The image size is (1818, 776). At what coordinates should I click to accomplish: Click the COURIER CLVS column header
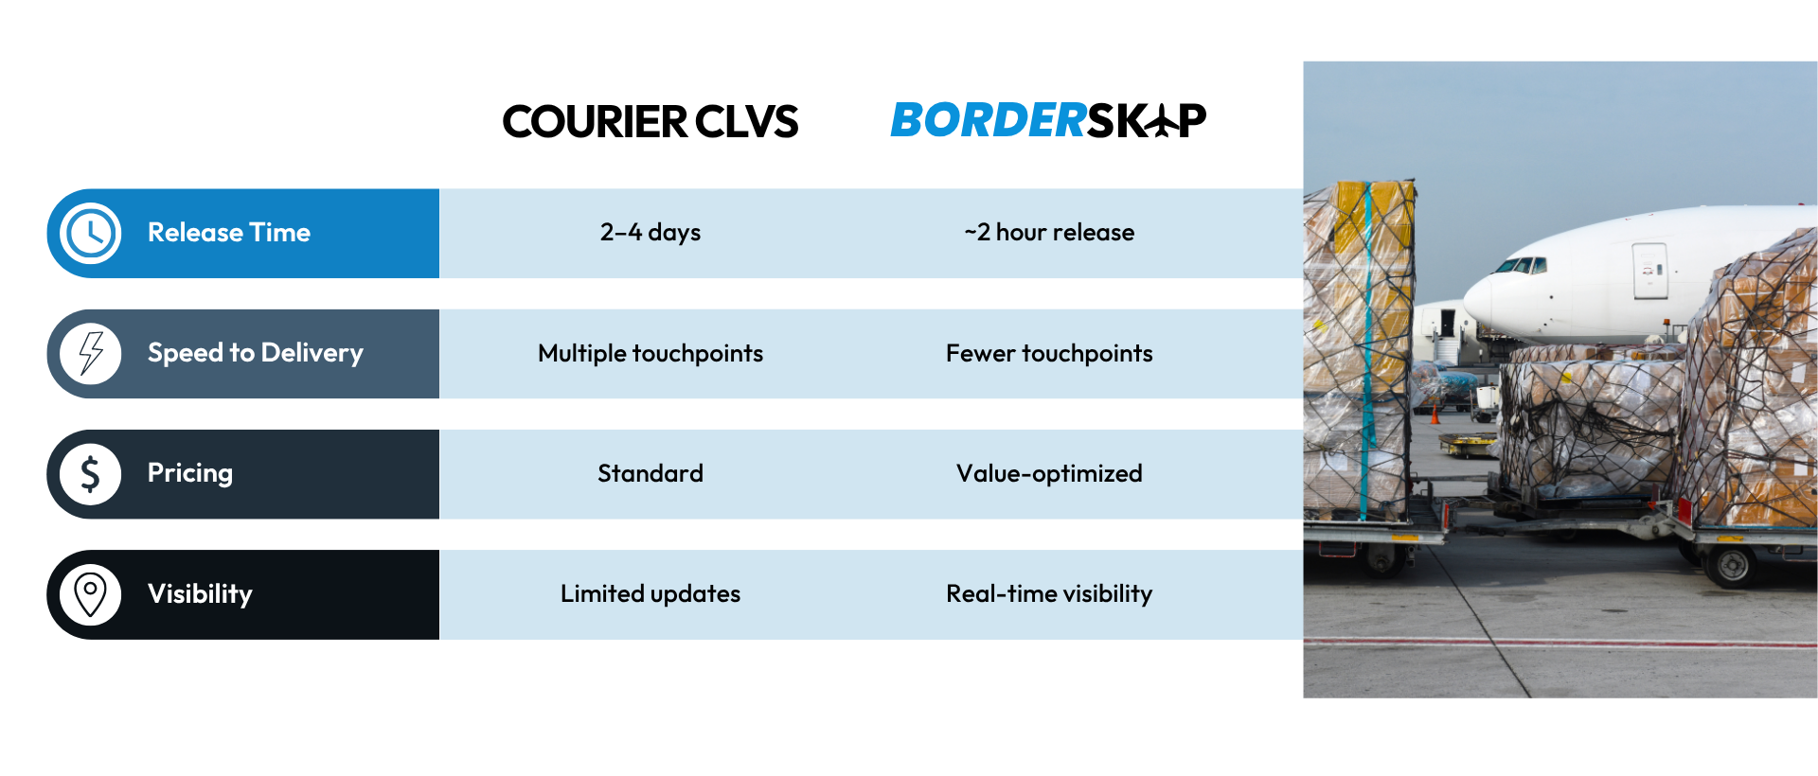click(651, 121)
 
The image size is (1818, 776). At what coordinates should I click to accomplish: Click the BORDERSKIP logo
click(1048, 120)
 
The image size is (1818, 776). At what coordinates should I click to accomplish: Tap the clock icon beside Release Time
click(90, 233)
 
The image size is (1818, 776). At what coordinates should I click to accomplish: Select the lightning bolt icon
click(90, 353)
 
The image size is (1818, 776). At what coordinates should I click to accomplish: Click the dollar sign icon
click(90, 474)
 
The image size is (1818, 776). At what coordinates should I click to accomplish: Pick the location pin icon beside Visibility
click(90, 594)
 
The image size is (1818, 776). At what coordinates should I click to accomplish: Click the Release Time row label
click(229, 233)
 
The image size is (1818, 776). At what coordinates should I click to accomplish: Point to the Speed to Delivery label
click(256, 353)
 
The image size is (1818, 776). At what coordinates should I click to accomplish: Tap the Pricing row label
click(190, 473)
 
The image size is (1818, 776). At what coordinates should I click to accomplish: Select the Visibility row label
click(200, 594)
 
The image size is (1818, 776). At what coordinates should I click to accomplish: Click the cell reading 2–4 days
click(651, 233)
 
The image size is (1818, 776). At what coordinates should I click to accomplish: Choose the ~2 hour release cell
click(1049, 233)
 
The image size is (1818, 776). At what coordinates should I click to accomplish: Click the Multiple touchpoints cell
click(651, 353)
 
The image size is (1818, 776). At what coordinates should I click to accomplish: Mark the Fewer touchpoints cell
click(1049, 353)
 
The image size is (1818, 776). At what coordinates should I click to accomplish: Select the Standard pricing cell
click(651, 473)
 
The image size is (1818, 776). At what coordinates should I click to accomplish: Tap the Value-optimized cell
click(1049, 473)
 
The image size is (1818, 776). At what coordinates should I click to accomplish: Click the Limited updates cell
click(651, 593)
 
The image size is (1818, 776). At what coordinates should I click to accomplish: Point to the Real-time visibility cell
click(1049, 593)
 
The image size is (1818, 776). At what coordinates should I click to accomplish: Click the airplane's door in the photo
click(1649, 271)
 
